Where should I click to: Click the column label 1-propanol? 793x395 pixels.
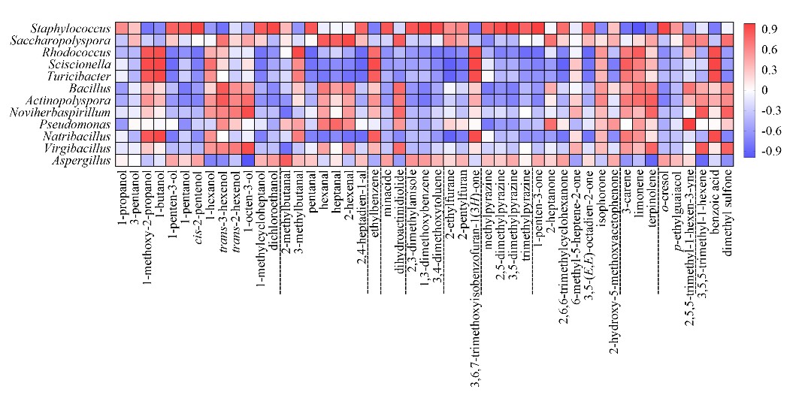click(123, 194)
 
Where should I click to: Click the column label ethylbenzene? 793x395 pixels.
click(375, 197)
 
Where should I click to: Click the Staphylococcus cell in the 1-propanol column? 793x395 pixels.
click(123, 29)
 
